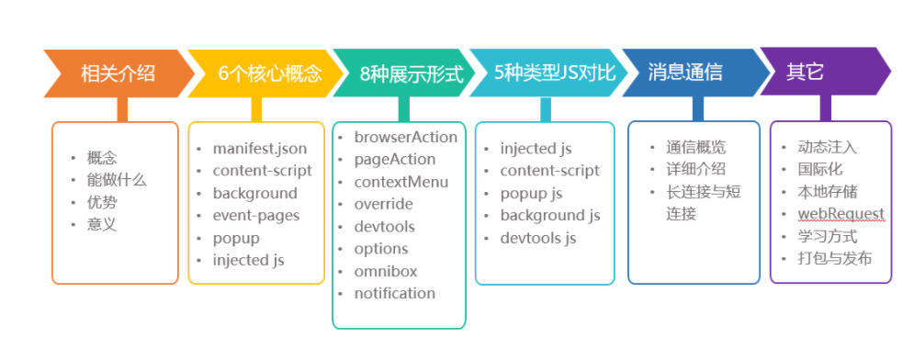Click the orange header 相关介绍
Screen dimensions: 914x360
(x=118, y=74)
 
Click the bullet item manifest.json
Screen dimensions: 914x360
(x=259, y=149)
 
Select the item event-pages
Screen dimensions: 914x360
(x=256, y=216)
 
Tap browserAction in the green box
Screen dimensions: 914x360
(x=406, y=138)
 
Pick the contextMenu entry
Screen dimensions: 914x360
(x=401, y=182)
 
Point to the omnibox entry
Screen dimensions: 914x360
(x=385, y=272)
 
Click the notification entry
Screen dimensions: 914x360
(x=395, y=294)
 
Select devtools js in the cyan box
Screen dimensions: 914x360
(x=538, y=238)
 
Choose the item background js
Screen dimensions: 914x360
(x=550, y=216)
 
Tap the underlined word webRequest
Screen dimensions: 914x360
(x=841, y=214)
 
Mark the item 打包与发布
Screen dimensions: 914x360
(x=835, y=259)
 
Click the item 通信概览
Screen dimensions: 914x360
(x=696, y=147)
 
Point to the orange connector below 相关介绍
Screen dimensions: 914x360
(x=122, y=109)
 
